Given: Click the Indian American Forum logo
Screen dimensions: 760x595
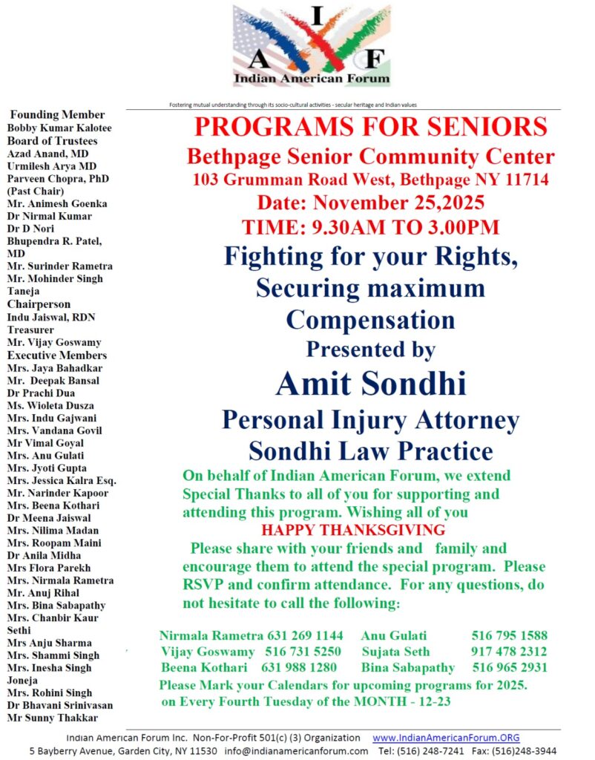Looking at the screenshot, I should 312,46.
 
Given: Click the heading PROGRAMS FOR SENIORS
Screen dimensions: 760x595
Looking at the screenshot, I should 370,127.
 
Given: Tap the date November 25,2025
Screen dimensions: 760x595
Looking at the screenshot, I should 370,203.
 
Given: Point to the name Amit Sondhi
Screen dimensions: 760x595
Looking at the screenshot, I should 370,384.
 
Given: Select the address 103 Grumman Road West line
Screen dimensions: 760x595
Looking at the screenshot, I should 370,180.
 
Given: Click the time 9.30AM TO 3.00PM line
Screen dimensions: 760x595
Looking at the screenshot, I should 370,227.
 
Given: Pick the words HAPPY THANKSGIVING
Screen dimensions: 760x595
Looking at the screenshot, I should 352,530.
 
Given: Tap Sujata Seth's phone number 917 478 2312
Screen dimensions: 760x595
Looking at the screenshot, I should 510,652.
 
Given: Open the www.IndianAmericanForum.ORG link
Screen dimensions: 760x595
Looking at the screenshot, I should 446,738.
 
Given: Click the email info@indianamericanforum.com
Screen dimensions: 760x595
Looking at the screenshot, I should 296,750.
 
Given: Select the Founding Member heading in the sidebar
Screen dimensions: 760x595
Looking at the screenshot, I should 57,115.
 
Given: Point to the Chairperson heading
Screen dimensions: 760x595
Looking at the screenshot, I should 39,304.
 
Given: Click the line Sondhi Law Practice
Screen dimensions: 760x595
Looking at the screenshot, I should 370,451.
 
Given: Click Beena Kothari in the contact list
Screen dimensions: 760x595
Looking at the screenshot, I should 194,667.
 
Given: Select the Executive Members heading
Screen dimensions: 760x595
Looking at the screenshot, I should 57,355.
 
